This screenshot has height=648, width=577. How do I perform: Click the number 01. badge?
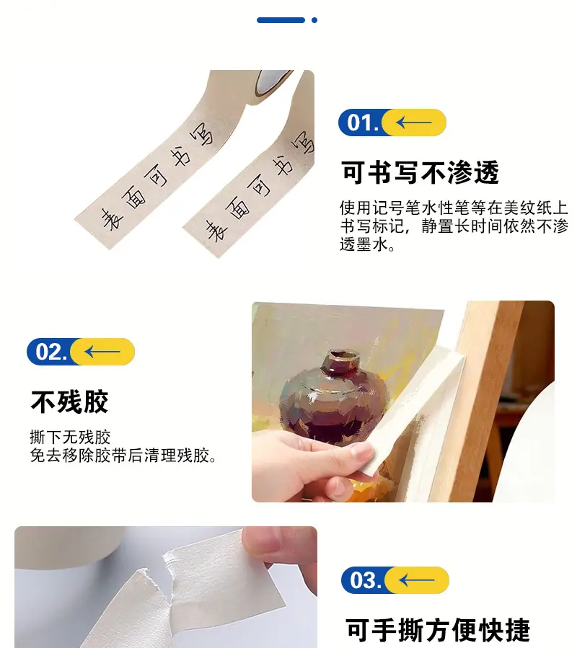392,123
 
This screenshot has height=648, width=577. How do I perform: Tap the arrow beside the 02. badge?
102,352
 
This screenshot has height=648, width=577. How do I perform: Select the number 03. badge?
395,580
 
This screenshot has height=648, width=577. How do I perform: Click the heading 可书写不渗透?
420,172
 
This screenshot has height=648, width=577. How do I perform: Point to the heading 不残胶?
69,401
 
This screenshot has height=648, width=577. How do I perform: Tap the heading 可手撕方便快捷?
438,630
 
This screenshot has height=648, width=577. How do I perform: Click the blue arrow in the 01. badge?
413,123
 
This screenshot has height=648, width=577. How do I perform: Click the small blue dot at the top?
314,20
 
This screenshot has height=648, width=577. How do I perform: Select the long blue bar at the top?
281,20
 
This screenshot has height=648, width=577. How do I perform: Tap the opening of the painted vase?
343,356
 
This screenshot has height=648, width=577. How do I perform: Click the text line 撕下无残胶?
70,437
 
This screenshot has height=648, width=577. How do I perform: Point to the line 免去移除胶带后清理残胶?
123,456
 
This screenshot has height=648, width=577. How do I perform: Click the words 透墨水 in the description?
364,244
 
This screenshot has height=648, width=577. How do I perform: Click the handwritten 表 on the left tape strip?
112,219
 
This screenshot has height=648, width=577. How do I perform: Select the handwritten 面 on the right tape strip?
239,208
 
